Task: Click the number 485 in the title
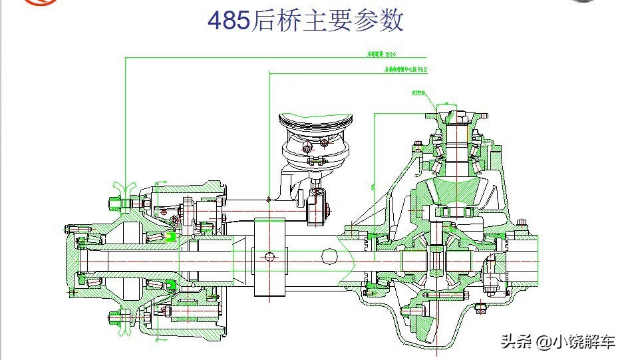click(229, 21)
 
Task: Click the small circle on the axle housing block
click(269, 257)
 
